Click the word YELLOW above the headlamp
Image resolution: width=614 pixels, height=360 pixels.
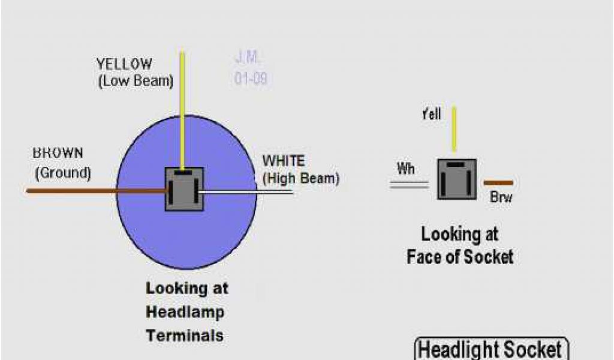(124, 64)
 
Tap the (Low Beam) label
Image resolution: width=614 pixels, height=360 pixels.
(135, 82)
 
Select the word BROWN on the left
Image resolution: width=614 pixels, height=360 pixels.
(58, 154)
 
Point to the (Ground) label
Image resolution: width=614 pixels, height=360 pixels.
(63, 173)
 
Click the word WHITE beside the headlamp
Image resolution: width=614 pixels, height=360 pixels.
(284, 161)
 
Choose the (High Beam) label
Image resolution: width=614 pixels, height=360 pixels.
(301, 178)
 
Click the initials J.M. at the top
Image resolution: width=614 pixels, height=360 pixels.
(248, 58)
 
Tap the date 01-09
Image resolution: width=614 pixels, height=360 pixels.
(251, 79)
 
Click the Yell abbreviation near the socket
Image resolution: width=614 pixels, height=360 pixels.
(431, 115)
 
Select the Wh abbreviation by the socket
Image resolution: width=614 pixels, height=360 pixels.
(406, 169)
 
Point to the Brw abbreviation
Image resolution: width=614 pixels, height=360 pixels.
(501, 197)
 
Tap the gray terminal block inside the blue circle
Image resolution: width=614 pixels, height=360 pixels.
(184, 189)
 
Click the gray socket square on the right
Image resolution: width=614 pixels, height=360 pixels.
(456, 179)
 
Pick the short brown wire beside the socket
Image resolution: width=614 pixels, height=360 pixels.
(498, 182)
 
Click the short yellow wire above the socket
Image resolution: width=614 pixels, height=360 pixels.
(454, 128)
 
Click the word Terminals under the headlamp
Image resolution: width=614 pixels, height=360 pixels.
(185, 335)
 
